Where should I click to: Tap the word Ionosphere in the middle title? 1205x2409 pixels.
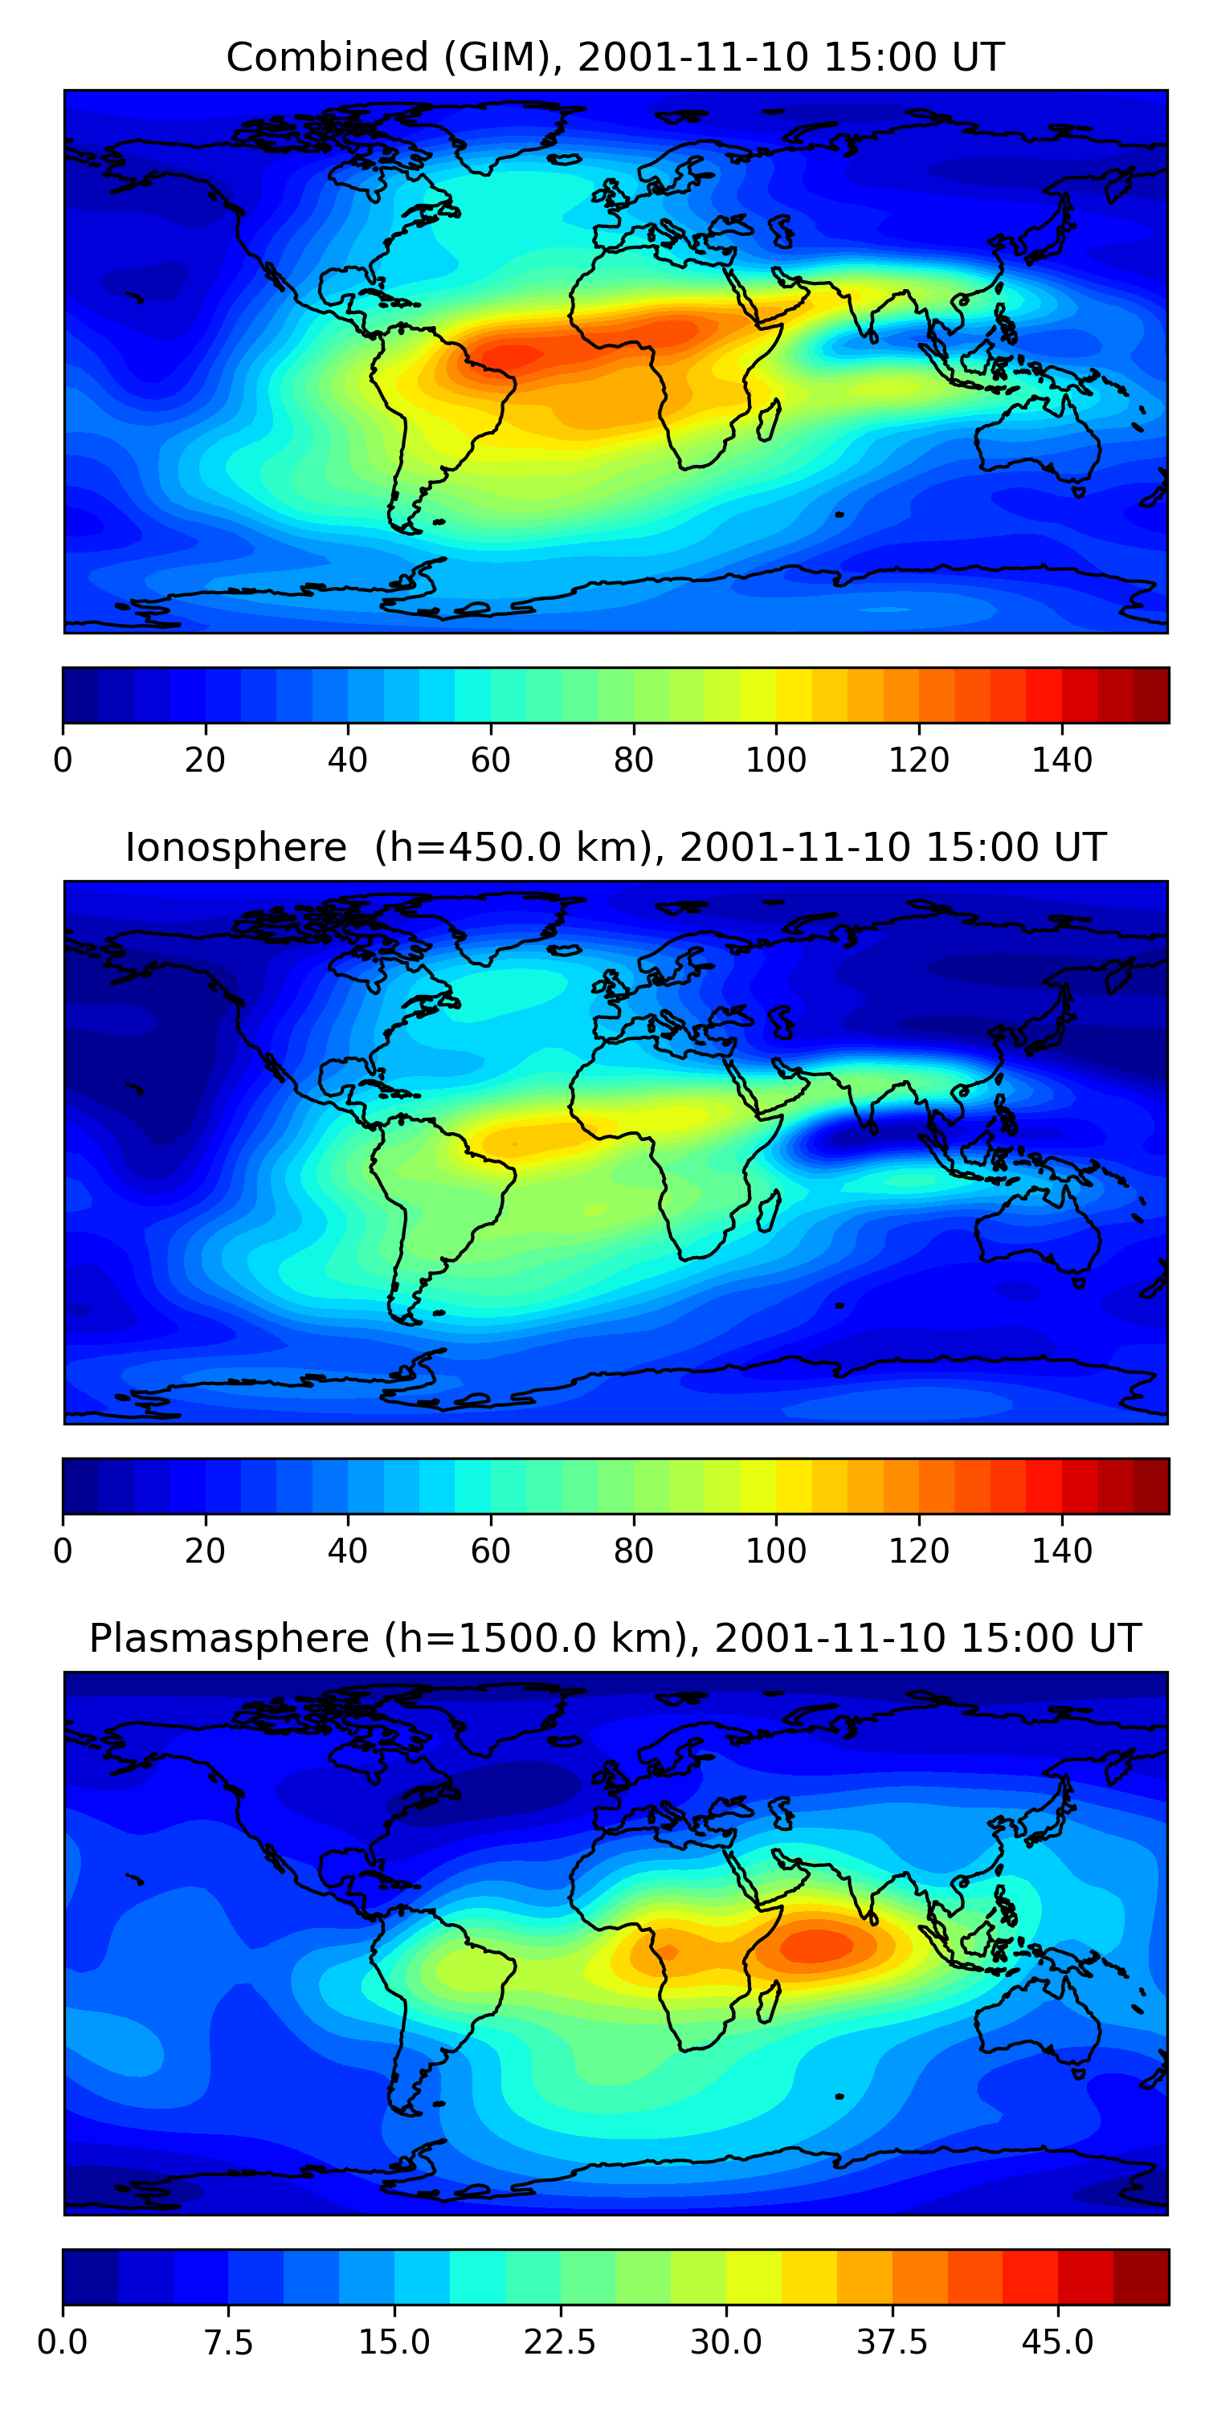point(235,847)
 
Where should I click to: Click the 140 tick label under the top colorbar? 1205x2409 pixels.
point(1062,760)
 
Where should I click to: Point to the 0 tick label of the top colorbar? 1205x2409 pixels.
point(63,760)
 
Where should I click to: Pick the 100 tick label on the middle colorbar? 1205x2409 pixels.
point(775,1551)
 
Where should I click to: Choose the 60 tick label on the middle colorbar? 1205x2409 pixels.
point(490,1551)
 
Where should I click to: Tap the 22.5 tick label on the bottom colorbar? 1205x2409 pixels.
point(559,2342)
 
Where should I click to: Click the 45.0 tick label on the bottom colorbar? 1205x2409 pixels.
point(1057,2342)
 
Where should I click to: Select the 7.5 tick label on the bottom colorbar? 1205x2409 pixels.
point(228,2342)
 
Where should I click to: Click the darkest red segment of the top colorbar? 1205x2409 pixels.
point(1150,695)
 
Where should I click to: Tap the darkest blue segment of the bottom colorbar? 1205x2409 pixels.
point(90,2277)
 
